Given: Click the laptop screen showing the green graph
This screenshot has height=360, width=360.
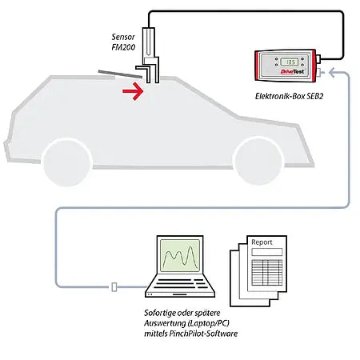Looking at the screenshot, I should pos(182,258).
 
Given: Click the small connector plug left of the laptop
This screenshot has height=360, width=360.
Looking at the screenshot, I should pos(116,286).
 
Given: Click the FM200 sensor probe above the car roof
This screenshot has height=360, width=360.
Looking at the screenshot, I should pos(154,56).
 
